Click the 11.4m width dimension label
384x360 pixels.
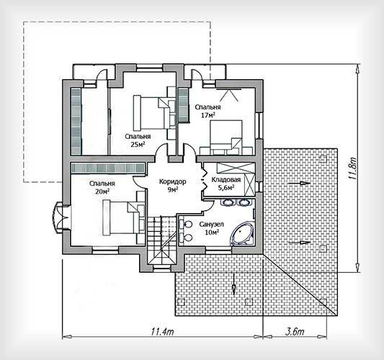163,332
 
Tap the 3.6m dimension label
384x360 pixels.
295,332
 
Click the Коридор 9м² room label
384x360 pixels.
173,185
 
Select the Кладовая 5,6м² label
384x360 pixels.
226,184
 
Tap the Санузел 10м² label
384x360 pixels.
211,228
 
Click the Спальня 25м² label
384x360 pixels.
138,140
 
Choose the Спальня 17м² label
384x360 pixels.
207,111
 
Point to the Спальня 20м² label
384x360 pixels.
102,187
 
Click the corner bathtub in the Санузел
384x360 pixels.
243,233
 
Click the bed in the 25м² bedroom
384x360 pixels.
154,112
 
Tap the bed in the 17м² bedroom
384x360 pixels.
226,138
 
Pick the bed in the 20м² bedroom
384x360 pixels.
124,217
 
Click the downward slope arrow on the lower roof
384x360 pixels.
234,284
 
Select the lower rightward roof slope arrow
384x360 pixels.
300,243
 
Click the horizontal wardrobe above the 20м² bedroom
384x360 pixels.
107,168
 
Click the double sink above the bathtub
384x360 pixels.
236,202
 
